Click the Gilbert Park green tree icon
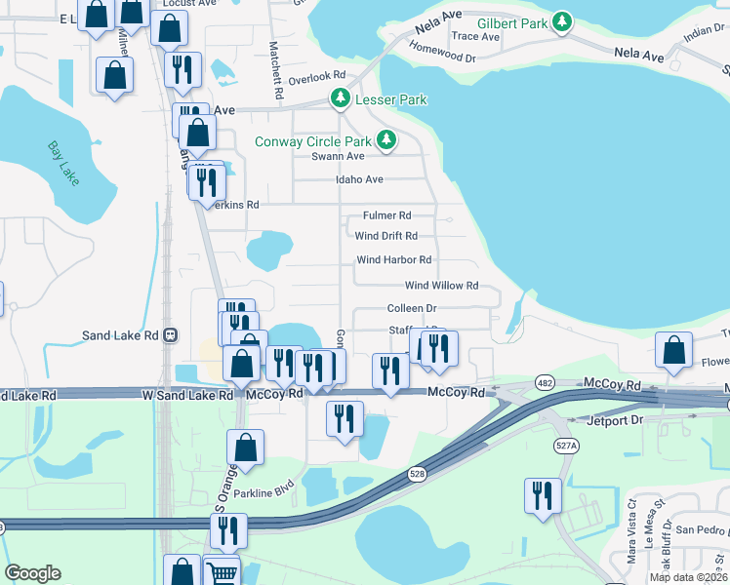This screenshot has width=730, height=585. coord(561,21)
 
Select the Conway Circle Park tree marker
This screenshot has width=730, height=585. coord(387,141)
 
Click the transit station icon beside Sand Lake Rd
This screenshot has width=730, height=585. coord(171,335)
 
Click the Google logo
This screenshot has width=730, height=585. coord(32,573)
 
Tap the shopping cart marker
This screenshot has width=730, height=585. coord(223,573)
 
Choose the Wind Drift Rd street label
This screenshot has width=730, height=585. coord(386,236)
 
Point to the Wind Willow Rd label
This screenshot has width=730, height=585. coord(441,286)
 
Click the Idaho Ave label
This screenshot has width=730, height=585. coord(360,179)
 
